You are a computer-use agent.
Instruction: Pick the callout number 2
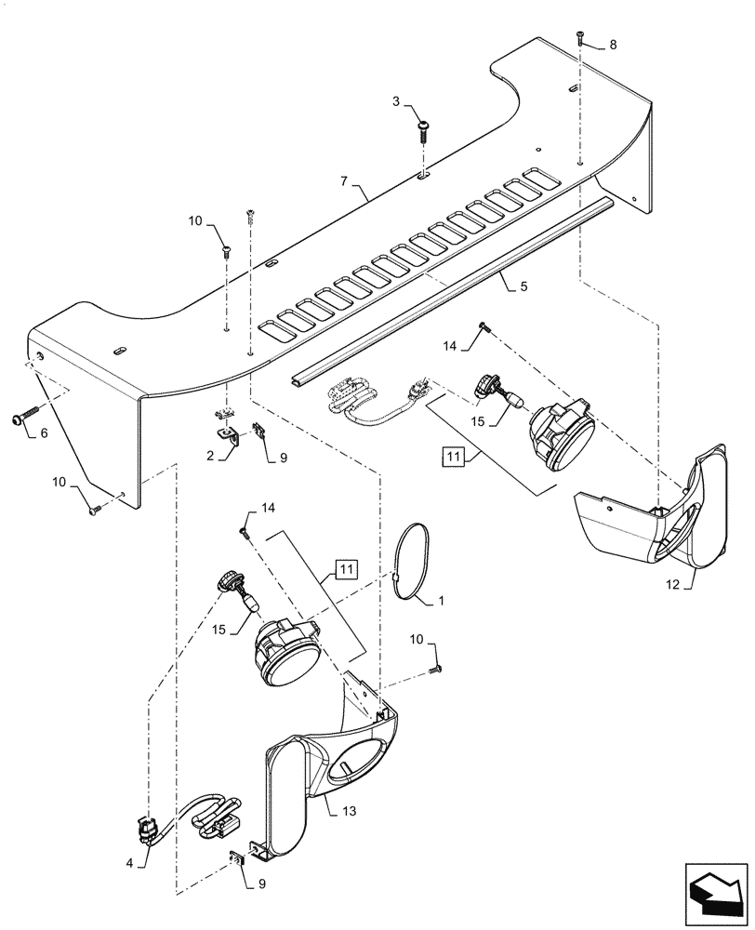coord(211,456)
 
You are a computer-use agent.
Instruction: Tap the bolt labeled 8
coord(579,37)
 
